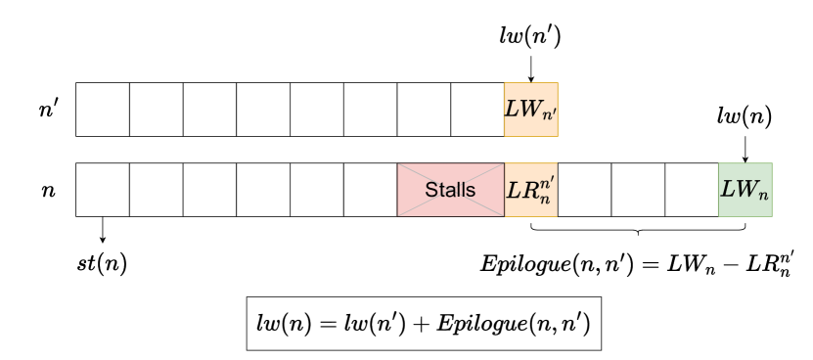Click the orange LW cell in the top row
coord(530,109)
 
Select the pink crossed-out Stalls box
coord(451,190)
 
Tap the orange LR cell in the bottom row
coord(530,190)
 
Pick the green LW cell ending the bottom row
coord(745,190)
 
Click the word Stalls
coord(451,190)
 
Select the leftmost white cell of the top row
coord(103,109)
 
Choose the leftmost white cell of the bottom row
coord(103,190)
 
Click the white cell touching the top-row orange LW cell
coord(477,109)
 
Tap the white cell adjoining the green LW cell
coord(692,190)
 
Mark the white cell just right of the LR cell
coord(584,190)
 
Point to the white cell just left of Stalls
coord(371,190)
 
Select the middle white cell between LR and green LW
coord(638,190)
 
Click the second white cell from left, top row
coord(157,109)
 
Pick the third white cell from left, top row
coord(209,109)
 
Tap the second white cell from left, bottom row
coord(157,190)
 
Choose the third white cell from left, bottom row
coord(209,190)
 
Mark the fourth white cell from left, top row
coord(263,109)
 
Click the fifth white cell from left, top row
coord(317,109)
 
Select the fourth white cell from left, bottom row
coord(263,190)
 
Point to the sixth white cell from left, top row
coord(371,109)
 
